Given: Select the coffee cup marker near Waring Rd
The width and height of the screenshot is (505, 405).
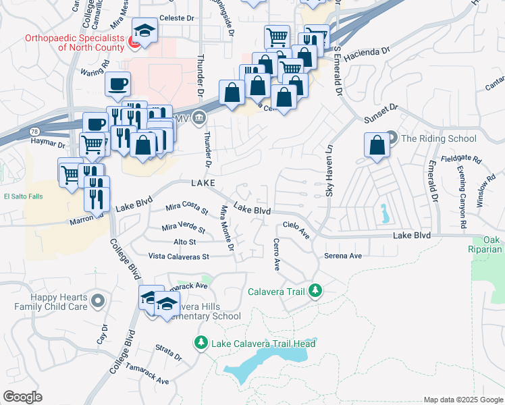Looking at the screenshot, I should click(x=118, y=84).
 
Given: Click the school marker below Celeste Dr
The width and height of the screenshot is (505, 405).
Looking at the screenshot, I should click(x=144, y=31).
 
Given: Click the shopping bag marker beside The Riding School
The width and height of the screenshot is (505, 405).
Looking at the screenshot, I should click(x=376, y=145).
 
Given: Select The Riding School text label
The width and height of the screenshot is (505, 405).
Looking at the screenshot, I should click(x=439, y=138).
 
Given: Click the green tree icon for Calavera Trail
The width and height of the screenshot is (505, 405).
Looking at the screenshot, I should click(x=314, y=292).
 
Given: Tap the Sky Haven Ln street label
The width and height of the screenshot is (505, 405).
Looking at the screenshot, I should click(x=329, y=173).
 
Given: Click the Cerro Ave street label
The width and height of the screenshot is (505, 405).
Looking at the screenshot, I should click(x=276, y=254).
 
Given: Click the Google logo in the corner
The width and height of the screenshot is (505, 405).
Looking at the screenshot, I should click(x=22, y=397).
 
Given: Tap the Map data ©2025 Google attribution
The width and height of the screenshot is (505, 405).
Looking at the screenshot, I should click(x=462, y=400).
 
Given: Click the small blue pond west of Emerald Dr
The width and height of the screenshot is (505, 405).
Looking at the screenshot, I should click(x=383, y=214).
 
